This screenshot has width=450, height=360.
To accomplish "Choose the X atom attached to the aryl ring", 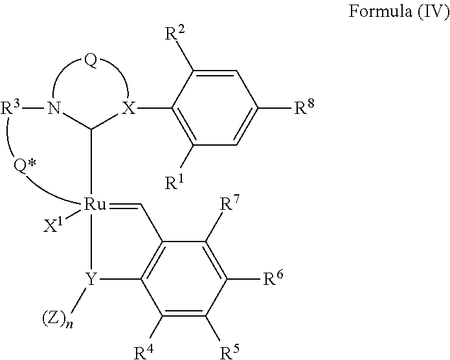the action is point(129,109).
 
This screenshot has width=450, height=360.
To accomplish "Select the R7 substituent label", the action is point(231,206).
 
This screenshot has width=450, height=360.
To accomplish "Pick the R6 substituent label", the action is point(273,279).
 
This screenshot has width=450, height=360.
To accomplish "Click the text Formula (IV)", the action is point(400,12).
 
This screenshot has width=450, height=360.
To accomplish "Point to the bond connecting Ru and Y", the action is point(92,243).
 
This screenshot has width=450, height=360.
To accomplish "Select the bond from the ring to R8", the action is point(275,109).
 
